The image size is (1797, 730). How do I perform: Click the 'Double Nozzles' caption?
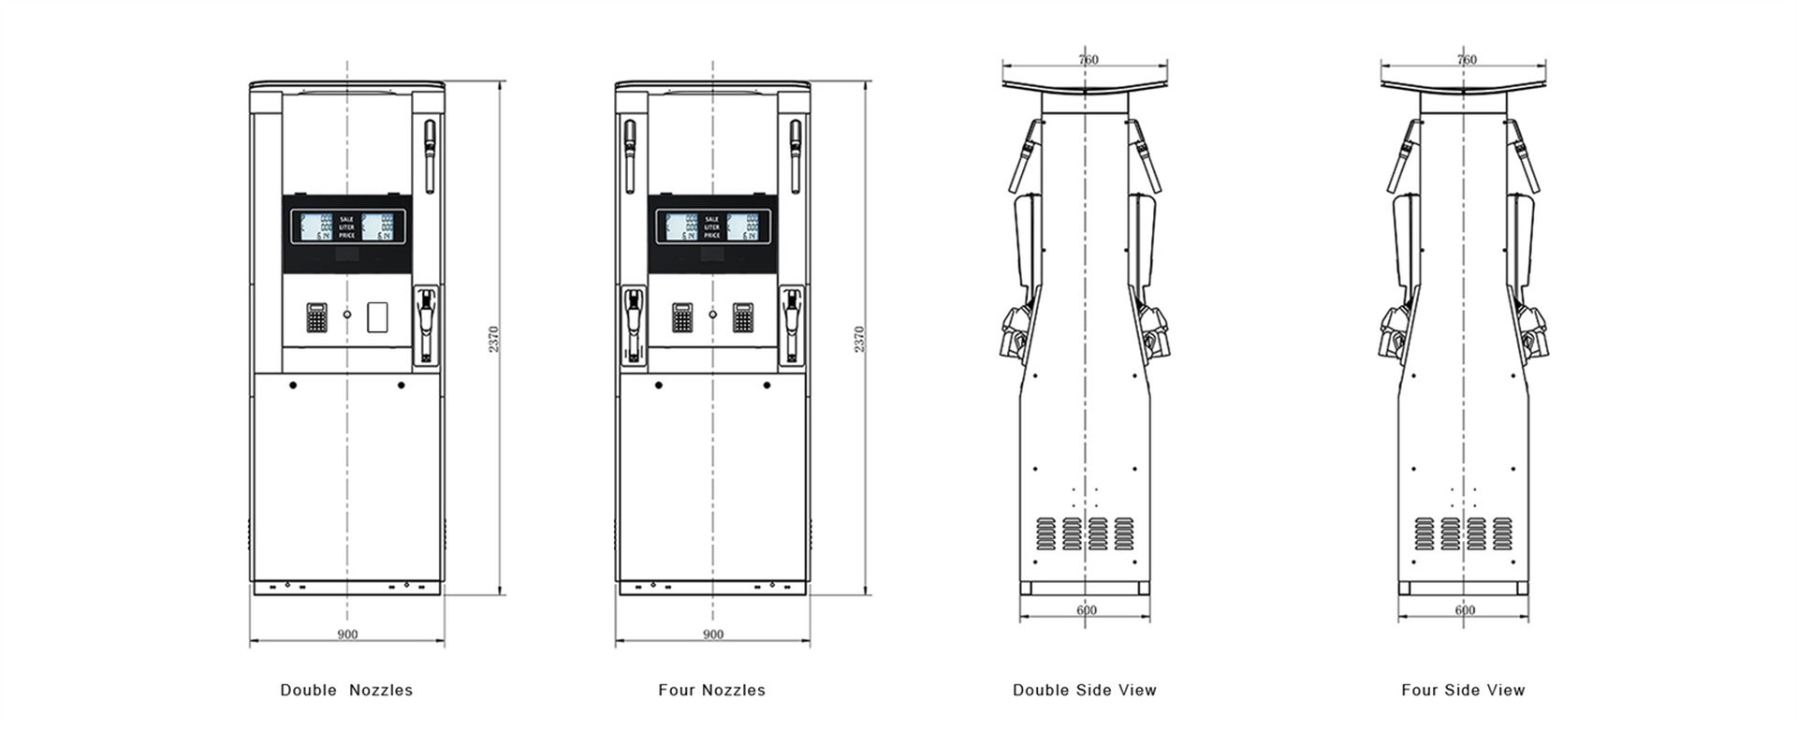coord(346,690)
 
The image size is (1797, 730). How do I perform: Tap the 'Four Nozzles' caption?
coord(711,690)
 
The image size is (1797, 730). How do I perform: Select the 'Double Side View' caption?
coord(1084,690)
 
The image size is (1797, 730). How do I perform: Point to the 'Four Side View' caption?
coord(1462,690)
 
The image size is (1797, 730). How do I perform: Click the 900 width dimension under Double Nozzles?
coord(346,634)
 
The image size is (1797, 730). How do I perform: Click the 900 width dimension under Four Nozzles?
coord(712,634)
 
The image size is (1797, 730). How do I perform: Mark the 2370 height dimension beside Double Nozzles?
coord(494,339)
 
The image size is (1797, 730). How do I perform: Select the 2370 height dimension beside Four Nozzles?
coord(859,339)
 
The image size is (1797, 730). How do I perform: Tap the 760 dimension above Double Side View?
coord(1088,60)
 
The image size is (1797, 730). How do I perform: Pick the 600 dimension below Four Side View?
coord(1465,610)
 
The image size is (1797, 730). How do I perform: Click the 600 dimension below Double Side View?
coord(1086,610)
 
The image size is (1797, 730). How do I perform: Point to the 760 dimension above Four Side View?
coord(1467,60)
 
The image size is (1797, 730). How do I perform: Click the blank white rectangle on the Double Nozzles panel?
coord(378,318)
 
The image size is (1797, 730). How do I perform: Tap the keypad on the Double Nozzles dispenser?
coord(317,318)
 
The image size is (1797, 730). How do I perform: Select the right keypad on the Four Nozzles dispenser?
coord(743,318)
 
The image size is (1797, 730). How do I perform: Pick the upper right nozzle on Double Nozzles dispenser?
coord(430,154)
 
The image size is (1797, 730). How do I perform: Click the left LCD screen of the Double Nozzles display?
coord(316,226)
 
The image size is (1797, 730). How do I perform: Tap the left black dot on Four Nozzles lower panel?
coord(659,385)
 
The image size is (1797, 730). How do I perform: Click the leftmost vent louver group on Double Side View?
coord(1045,533)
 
